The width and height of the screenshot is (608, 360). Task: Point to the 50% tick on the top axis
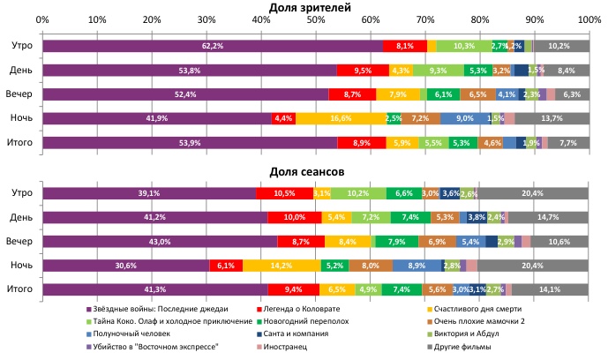(x=316, y=19)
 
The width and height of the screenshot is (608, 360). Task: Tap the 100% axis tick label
(x=589, y=19)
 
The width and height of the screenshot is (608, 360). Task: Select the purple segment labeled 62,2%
(x=212, y=46)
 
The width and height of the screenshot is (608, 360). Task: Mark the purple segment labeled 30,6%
(x=125, y=265)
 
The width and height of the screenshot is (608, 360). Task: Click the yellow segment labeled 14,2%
(x=282, y=265)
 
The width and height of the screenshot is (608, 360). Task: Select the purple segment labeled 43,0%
(x=159, y=241)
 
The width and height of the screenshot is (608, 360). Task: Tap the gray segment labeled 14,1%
(x=551, y=289)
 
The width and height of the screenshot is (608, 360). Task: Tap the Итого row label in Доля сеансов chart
(x=20, y=289)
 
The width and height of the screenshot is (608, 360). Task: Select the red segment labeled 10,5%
(x=284, y=193)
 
